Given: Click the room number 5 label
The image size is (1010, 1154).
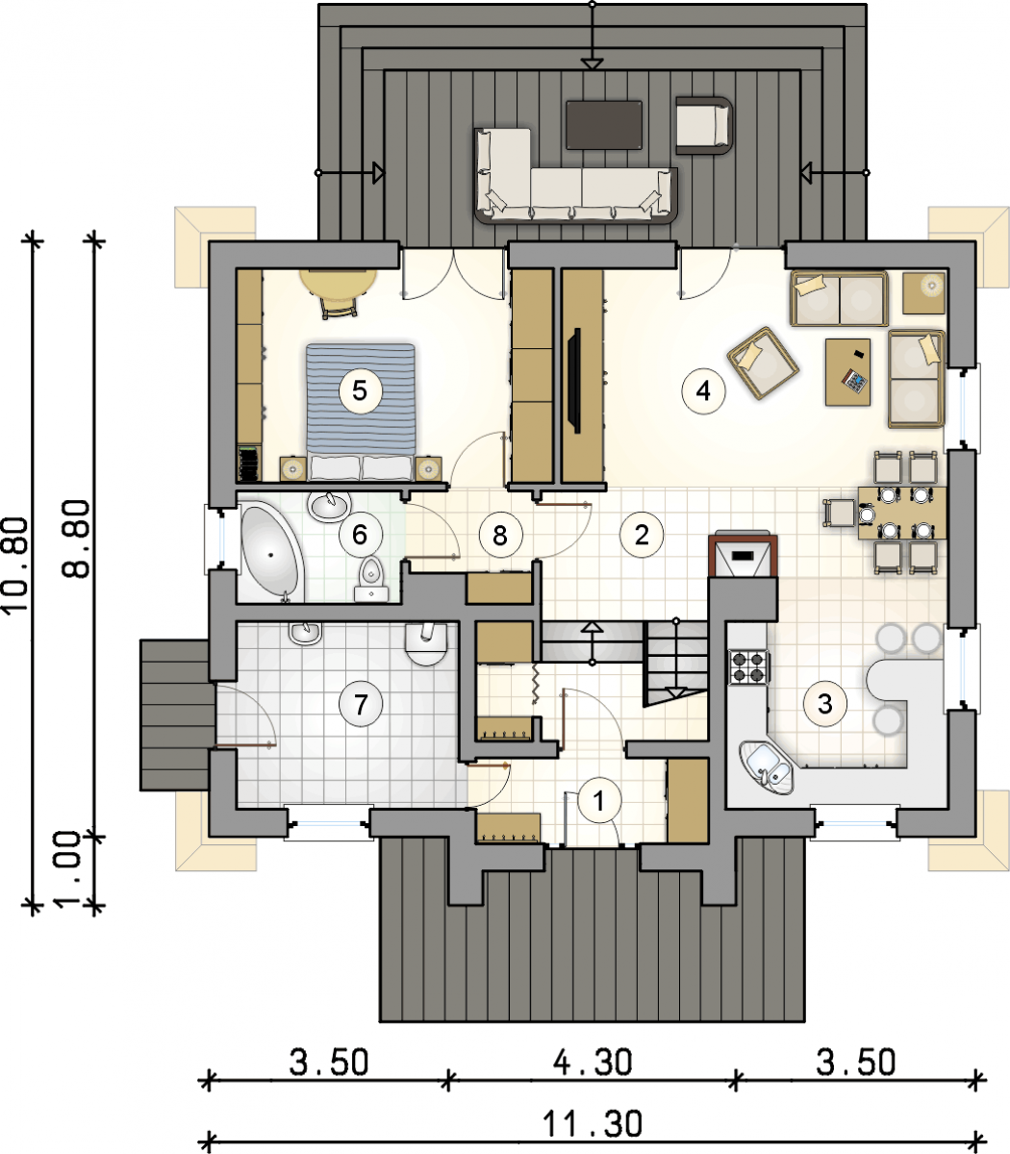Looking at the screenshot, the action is click(360, 390).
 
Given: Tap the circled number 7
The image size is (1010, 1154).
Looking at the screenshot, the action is click(361, 703).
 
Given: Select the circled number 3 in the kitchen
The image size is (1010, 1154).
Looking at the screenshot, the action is click(825, 703).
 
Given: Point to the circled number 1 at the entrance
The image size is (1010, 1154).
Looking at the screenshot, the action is click(598, 800).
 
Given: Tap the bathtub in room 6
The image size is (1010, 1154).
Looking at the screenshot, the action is click(269, 551).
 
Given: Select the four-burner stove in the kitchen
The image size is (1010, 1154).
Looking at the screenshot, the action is click(748, 666).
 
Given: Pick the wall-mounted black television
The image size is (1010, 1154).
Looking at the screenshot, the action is click(574, 380).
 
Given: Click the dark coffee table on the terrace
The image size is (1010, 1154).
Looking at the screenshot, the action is click(604, 125).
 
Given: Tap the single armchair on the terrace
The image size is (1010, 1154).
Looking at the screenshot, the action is click(704, 125).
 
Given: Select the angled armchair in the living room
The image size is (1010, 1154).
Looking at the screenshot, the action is click(763, 364).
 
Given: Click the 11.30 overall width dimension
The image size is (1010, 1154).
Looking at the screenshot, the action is click(592, 1123).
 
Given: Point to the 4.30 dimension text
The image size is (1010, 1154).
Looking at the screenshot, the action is click(592, 1062).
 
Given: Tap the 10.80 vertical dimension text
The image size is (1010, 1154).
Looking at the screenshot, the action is click(15, 565).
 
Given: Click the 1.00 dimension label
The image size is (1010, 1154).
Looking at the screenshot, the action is click(70, 869).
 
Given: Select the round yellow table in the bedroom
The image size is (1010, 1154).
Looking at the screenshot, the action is click(338, 282).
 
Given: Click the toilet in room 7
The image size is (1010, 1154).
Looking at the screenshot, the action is click(426, 643).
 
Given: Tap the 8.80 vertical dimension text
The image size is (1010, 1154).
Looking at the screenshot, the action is click(76, 539).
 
